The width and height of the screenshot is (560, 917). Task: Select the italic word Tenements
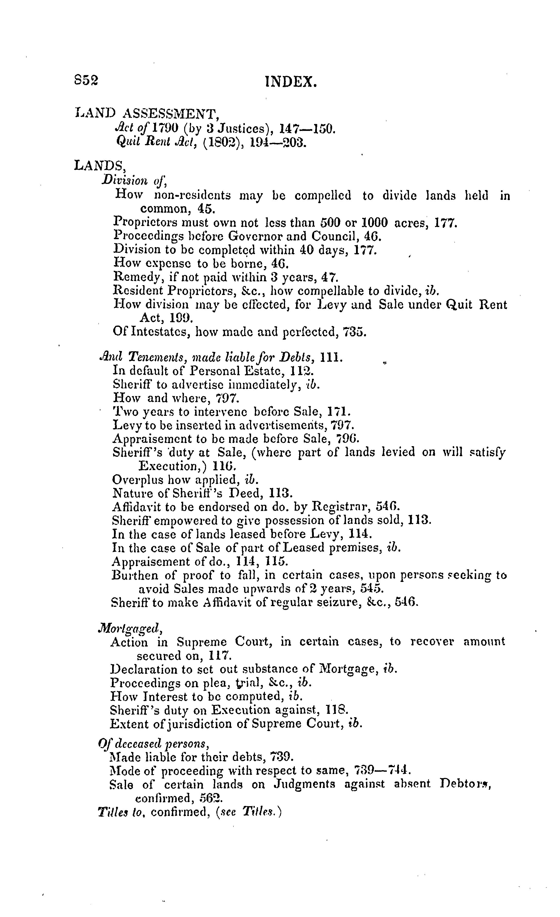coord(156,358)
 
